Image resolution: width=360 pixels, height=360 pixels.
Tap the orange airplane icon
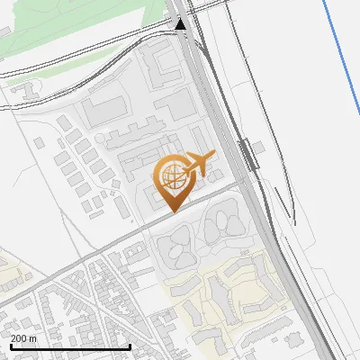pos(197,165)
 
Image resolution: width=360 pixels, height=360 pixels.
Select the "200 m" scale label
pos(24,338)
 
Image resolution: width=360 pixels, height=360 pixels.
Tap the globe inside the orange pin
pos(171,175)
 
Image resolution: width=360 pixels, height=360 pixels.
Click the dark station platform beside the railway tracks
pos(245,154)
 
